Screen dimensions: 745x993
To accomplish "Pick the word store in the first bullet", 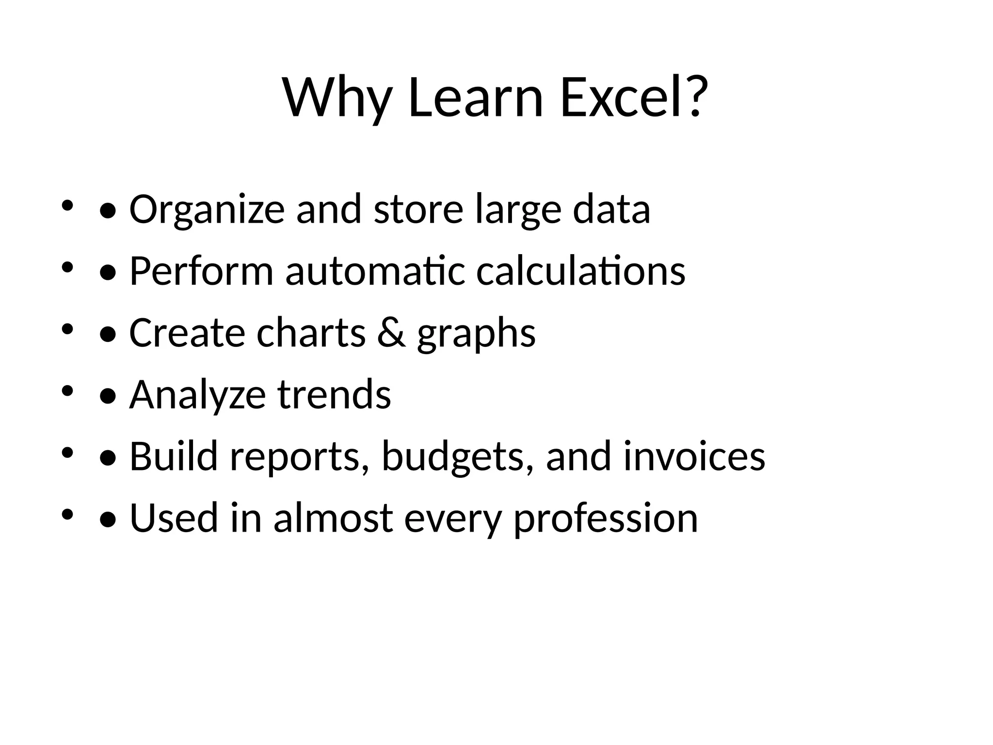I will [418, 210].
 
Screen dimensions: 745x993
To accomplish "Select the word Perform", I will [201, 271].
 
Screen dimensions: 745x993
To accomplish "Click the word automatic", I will [375, 271].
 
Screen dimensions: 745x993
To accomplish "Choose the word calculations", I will [580, 271].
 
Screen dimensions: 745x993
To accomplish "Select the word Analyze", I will [197, 395].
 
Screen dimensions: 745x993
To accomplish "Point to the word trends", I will [334, 395].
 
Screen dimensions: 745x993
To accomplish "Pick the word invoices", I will [694, 457].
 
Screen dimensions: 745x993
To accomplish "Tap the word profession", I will [606, 519].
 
